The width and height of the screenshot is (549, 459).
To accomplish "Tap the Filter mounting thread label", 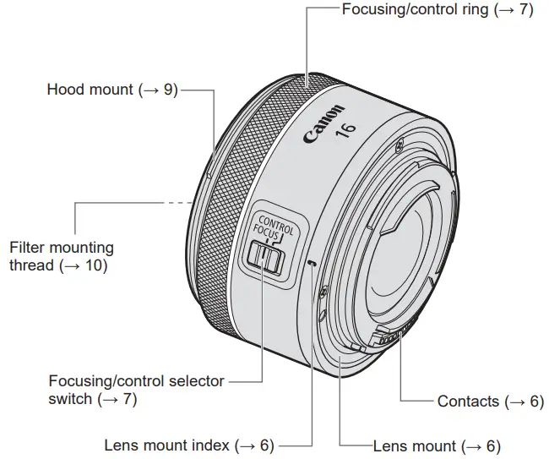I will click(61, 257).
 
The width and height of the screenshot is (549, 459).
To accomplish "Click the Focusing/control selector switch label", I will click(136, 389).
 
